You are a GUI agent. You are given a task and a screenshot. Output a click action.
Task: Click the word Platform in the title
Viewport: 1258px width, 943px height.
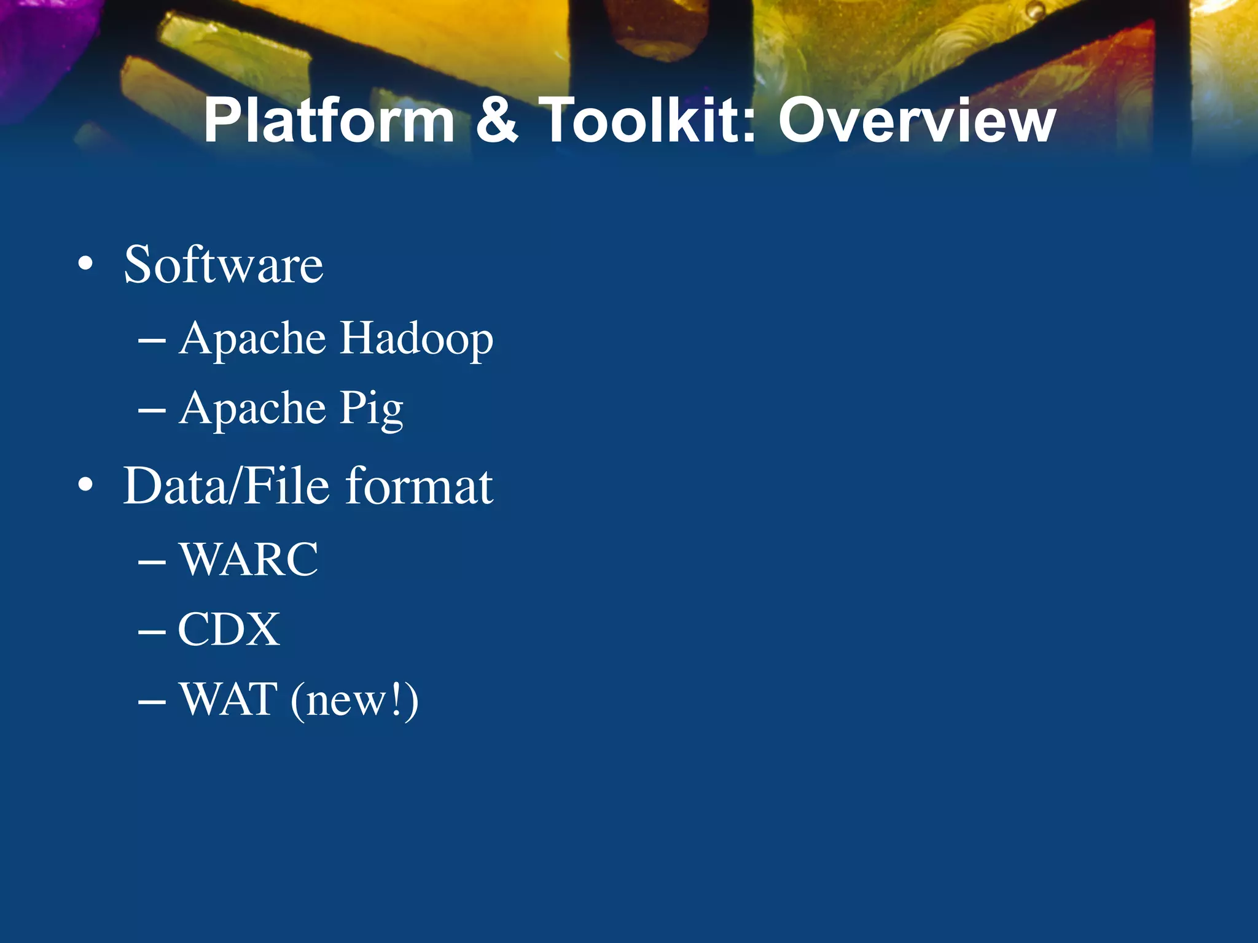pos(329,121)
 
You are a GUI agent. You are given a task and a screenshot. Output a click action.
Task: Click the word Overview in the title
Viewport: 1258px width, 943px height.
pos(916,121)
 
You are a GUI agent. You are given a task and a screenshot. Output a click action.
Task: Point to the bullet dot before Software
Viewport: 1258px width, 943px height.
pos(85,265)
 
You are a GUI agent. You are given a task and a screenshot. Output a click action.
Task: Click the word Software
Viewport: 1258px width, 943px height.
pos(223,265)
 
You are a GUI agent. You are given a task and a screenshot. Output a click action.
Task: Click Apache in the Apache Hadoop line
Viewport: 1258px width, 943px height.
pos(252,339)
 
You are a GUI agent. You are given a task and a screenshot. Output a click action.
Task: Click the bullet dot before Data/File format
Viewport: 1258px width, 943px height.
pos(85,486)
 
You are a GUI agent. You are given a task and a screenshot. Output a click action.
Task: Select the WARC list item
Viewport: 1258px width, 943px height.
pos(249,559)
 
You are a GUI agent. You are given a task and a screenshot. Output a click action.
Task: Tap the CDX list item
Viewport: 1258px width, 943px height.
pos(229,629)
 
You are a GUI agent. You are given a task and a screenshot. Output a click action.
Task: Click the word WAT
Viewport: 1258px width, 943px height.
pos(228,699)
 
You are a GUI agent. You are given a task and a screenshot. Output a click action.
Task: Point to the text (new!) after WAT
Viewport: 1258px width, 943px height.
pos(354,700)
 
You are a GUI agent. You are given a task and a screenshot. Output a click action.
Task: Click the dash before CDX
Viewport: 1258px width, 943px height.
pos(152,631)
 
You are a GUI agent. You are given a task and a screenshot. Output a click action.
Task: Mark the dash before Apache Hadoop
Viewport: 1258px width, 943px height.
pos(152,341)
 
